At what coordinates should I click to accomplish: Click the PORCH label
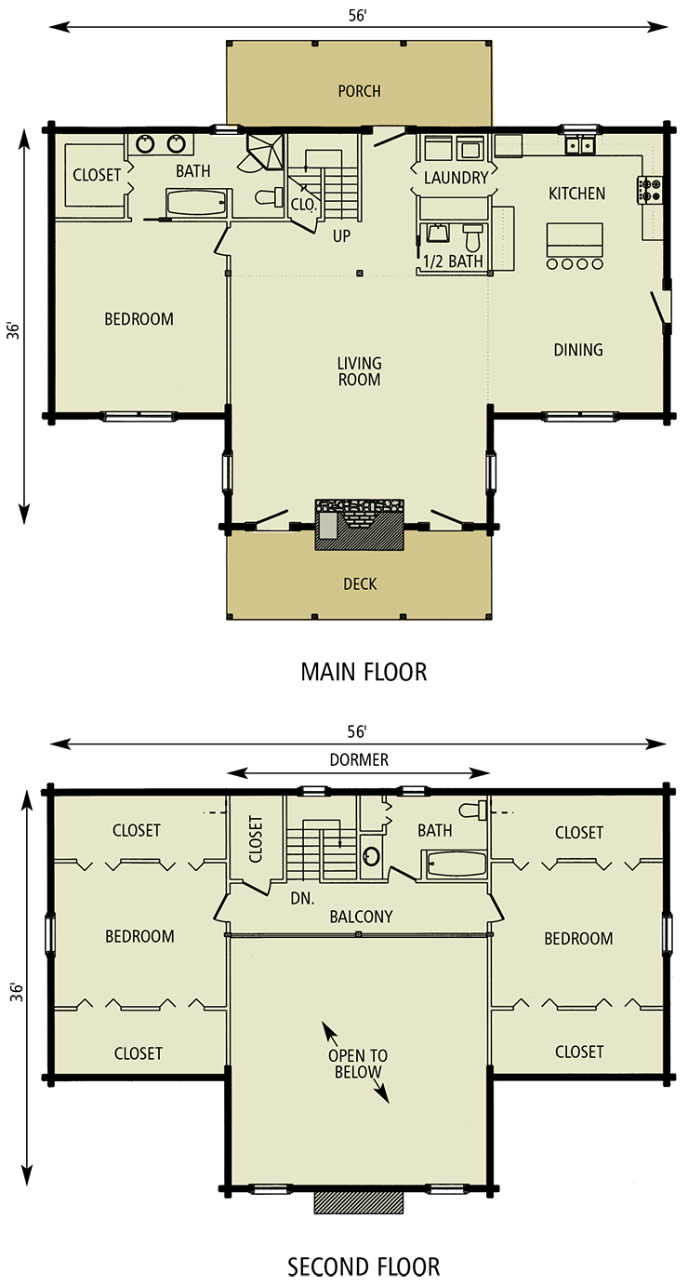pyautogui.click(x=359, y=91)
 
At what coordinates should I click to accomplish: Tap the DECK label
pyautogui.click(x=360, y=584)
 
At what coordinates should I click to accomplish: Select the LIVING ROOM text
pyautogui.click(x=360, y=371)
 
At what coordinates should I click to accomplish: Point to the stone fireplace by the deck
pyautogui.click(x=359, y=524)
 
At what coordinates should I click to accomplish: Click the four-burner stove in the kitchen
pyautogui.click(x=649, y=190)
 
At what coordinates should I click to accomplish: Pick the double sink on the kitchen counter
pyautogui.click(x=581, y=145)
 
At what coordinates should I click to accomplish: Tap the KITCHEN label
pyautogui.click(x=576, y=194)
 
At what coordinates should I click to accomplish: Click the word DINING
pyautogui.click(x=578, y=350)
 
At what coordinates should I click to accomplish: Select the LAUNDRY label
pyautogui.click(x=456, y=178)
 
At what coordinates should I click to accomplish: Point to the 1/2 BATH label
pyautogui.click(x=453, y=261)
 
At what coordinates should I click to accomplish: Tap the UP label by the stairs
pyautogui.click(x=341, y=236)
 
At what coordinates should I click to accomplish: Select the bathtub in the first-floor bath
pyautogui.click(x=195, y=203)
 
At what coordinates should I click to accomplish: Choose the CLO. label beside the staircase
pyautogui.click(x=302, y=205)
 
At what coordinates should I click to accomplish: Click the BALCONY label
pyautogui.click(x=361, y=917)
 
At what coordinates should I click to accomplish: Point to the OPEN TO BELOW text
pyautogui.click(x=358, y=1065)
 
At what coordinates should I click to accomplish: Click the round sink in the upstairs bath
pyautogui.click(x=371, y=856)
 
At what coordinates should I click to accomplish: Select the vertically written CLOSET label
pyautogui.click(x=257, y=838)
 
